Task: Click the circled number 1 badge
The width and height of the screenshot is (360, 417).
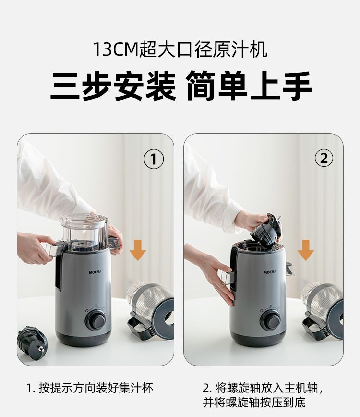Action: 154,159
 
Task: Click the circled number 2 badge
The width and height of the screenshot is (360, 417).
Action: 324,159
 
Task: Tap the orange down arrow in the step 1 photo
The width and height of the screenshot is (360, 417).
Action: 138,250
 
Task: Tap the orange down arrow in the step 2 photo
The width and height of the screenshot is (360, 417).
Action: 306,250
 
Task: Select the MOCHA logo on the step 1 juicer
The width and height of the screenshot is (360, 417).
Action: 95,272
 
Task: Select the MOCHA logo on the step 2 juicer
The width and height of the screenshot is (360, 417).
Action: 270,272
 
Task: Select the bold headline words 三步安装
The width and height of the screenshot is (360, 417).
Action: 113,86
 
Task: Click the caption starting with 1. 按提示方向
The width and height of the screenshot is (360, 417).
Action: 90,388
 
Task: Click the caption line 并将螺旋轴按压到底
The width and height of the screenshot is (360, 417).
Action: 254,403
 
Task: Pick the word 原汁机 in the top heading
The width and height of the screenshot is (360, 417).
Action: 242,50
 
